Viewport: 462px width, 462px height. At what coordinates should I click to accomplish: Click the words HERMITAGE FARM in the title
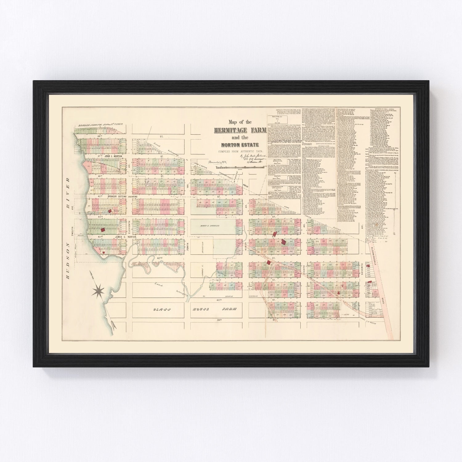pyautogui.click(x=240, y=130)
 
